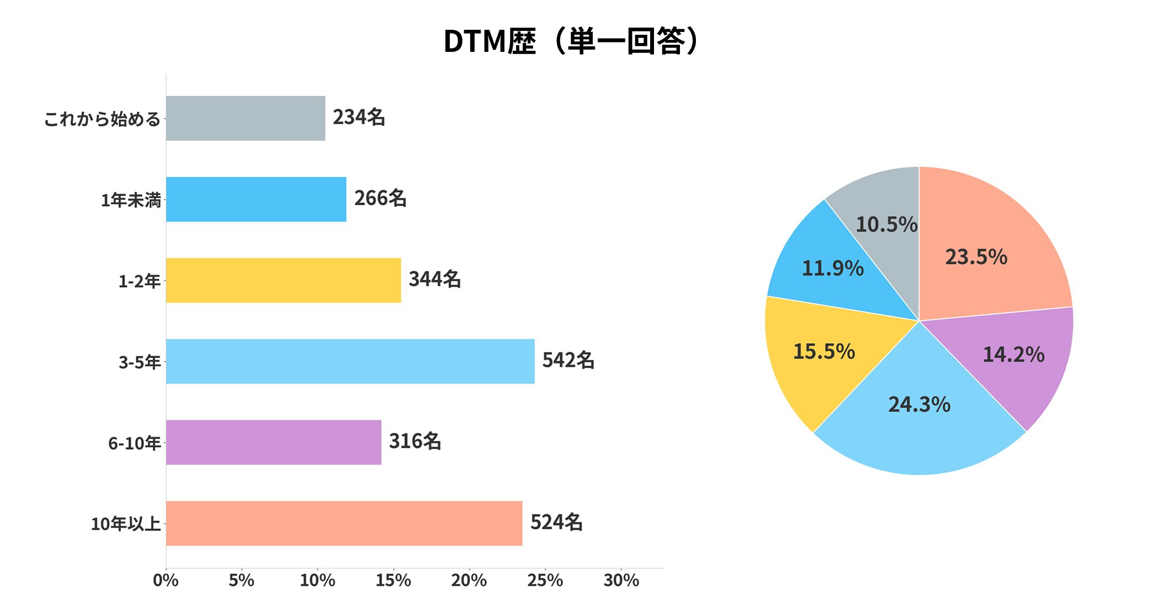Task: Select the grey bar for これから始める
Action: coord(246,118)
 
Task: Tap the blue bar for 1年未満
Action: coord(256,199)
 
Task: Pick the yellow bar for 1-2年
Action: coord(283,280)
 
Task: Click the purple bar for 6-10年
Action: coord(273,442)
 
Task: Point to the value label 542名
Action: coord(568,360)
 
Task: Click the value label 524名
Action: coord(556,522)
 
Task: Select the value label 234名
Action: coord(359,117)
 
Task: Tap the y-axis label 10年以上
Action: coord(126,524)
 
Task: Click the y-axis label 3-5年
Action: coord(140,362)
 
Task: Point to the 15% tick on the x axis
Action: coord(394,580)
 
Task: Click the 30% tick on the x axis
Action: coord(621,580)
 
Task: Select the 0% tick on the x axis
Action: coord(166,580)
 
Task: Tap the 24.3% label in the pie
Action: coord(919,405)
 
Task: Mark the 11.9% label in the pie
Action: coord(833,269)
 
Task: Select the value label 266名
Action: coord(380,198)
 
